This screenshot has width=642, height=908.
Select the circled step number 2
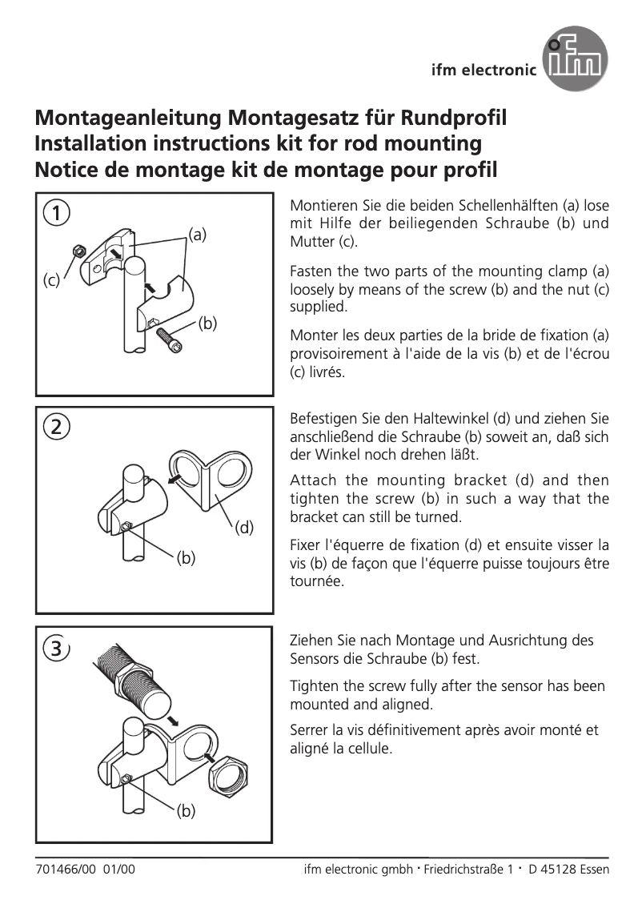55,426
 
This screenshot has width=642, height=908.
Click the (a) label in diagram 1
197,235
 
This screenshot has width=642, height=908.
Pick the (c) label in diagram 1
51,281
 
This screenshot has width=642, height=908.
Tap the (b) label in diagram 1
207,323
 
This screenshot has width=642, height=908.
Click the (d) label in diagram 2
243,527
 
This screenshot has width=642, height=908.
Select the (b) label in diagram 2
186,558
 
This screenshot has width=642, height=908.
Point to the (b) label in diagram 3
186,812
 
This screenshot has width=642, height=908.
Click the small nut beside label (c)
79,251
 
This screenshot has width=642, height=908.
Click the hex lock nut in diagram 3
231,777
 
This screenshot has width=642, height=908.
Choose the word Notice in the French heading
68,170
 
